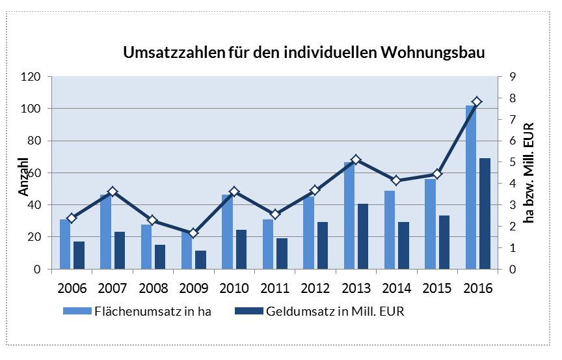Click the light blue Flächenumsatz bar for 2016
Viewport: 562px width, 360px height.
[470, 189]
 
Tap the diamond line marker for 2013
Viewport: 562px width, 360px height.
[355, 159]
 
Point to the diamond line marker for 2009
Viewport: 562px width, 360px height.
[193, 233]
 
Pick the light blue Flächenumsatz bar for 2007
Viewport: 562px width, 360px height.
[106, 231]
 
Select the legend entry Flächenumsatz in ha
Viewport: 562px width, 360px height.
[137, 311]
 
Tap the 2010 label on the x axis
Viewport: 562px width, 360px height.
[233, 286]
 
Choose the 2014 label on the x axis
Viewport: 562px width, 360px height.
[395, 286]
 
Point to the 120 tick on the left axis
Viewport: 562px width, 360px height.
[31, 77]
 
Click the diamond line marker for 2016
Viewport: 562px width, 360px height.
[477, 102]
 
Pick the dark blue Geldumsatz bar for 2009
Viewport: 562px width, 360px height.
[200, 260]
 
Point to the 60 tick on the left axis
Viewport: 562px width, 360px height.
[34, 173]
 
